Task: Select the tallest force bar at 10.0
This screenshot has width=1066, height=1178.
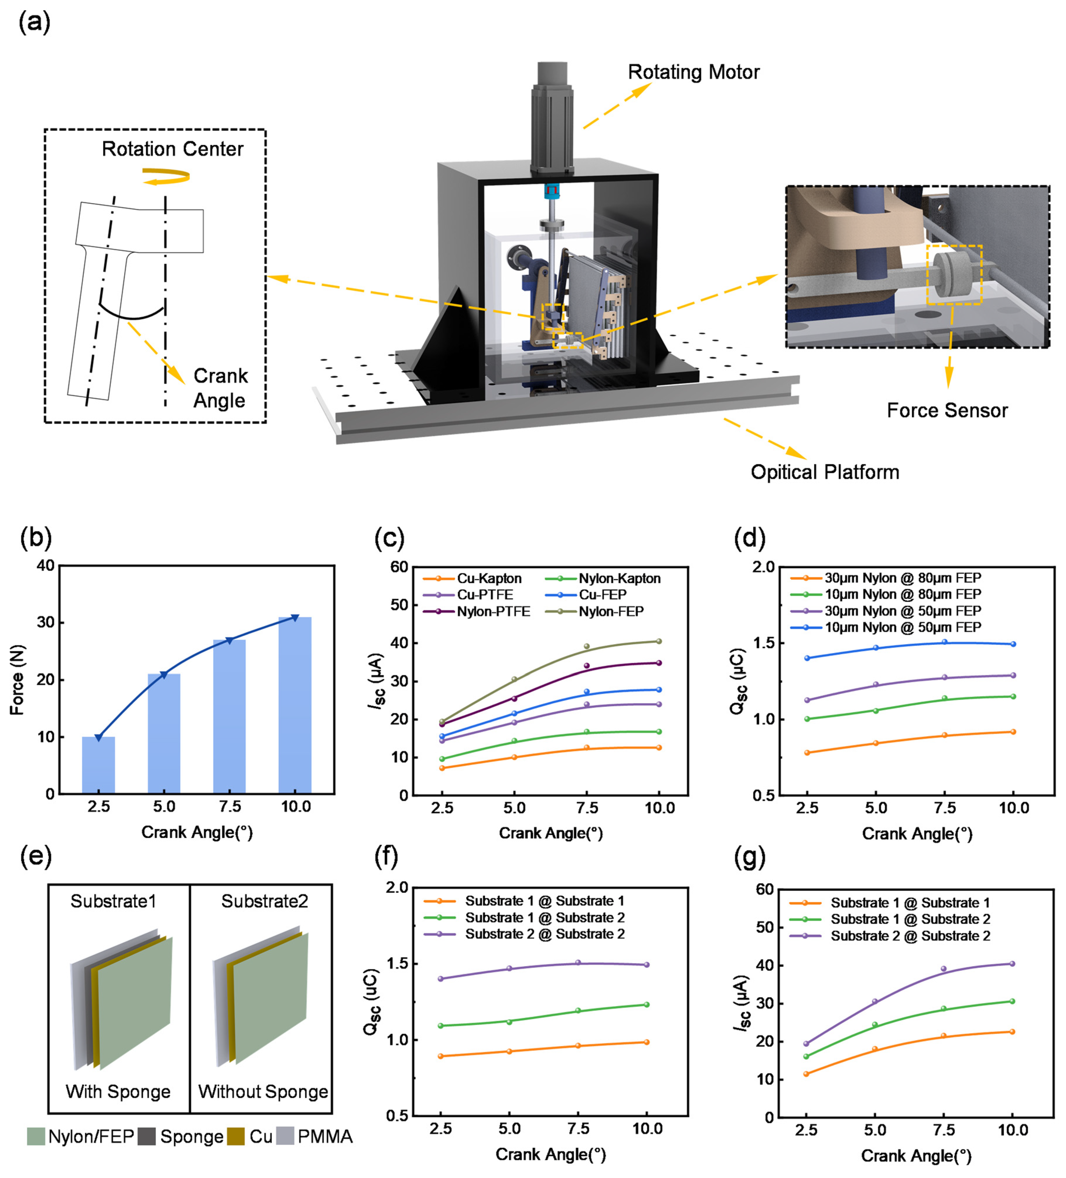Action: coord(295,705)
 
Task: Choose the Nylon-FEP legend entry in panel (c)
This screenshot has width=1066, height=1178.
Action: coord(611,611)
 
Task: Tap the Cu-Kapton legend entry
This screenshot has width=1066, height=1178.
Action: coord(489,579)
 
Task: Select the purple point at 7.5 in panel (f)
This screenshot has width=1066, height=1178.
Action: coord(578,962)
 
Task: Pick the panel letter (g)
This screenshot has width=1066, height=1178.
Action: coord(750,857)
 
